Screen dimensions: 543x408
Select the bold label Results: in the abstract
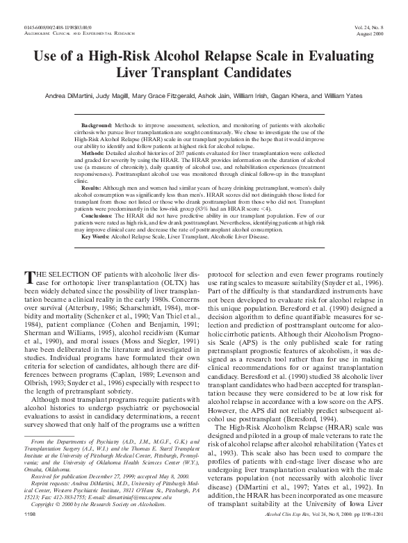click(x=93, y=188)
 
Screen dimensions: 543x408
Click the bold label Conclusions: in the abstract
click(x=99, y=214)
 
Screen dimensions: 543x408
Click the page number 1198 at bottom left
click(x=30, y=533)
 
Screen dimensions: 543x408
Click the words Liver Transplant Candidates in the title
click(x=204, y=72)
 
